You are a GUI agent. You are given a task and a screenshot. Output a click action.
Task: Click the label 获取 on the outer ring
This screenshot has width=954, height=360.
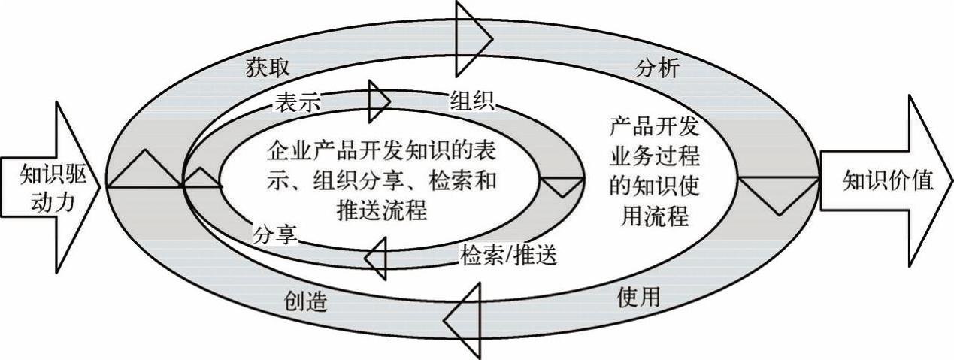pos(264,66)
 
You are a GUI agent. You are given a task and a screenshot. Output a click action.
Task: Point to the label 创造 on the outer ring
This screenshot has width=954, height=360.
pos(306,301)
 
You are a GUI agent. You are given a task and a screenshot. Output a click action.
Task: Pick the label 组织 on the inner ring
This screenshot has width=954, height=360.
pos(471,101)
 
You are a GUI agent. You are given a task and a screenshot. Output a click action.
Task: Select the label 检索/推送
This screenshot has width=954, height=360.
pos(507,256)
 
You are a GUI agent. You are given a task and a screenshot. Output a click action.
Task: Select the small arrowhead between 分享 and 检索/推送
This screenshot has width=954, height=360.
pos(377,258)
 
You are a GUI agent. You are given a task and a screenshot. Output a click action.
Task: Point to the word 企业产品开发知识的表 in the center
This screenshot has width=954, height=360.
pos(380,152)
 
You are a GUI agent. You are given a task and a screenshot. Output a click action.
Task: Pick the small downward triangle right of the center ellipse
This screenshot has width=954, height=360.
pos(562,186)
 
